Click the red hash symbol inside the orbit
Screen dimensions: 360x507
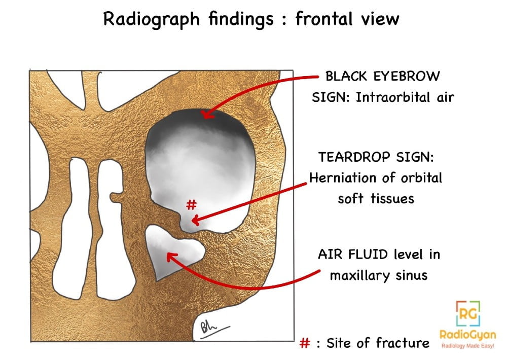pos(191,205)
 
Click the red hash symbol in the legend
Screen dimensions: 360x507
pos(305,343)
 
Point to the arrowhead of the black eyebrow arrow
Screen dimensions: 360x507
pos(206,114)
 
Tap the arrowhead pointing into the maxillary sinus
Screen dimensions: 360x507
pos(170,256)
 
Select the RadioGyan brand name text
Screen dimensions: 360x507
pos(468,335)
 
